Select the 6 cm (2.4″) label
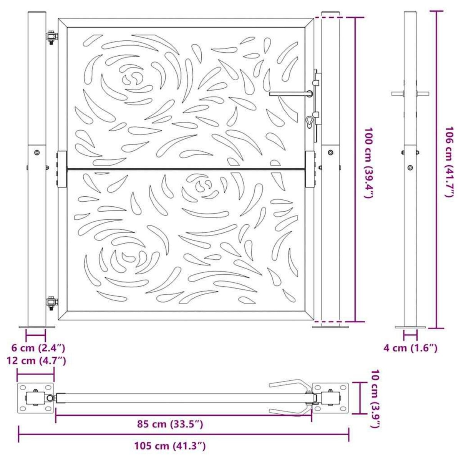tap(38, 348)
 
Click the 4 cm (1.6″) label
tap(410, 348)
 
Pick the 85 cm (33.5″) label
tap(170, 424)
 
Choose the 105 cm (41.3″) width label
tap(170, 446)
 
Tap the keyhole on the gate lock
tap(308, 121)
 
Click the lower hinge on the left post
tap(51, 304)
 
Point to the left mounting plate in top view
tap(35, 398)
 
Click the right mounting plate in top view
tap(330, 398)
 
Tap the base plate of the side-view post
tap(410, 327)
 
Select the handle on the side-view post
tap(410, 93)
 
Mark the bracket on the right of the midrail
tap(310, 169)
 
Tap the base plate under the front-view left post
tap(37, 327)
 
